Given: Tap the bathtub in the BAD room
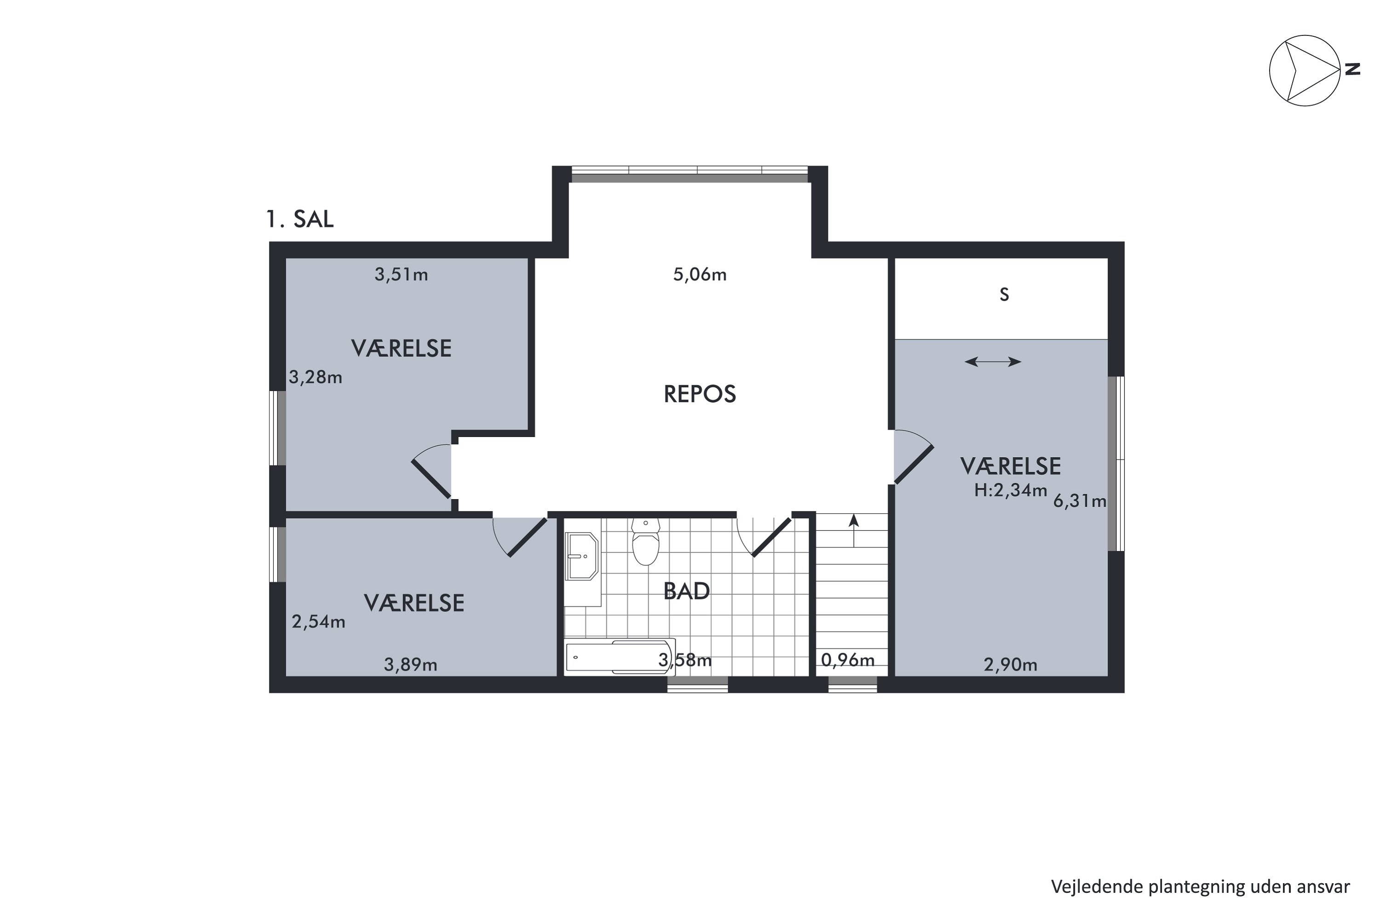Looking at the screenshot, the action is pos(620,656).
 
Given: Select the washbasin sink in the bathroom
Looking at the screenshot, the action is pos(581,556).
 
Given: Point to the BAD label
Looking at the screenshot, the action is pos(686,592).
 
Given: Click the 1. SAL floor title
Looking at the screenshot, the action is pos(300,219).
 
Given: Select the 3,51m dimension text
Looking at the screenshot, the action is pos(401,275).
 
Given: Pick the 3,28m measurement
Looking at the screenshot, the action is pos(315,377).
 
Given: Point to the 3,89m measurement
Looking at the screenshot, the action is pos(410,665).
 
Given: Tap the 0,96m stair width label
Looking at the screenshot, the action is pos(847,660).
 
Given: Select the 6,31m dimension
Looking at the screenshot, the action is pos(1080,501).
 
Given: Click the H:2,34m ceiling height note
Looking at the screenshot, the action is pos(1010,490).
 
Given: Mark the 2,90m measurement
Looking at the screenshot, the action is pos(1010,665).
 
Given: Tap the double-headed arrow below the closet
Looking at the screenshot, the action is pos(993,362).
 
